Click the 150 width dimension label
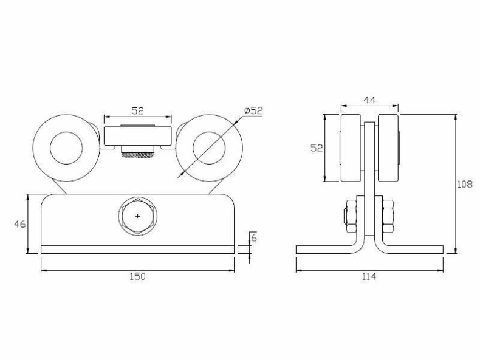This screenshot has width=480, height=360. click(137, 276)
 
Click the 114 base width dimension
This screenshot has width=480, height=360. click(369, 276)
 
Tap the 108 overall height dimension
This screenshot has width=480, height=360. click(465, 184)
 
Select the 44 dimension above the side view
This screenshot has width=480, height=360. click(369, 100)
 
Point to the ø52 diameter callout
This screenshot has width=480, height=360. click(253, 110)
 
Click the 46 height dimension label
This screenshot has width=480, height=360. click(20, 224)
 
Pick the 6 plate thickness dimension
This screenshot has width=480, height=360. click(254, 237)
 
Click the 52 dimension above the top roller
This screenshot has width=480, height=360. click(137, 110)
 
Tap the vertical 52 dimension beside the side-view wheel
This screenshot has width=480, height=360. click(317, 148)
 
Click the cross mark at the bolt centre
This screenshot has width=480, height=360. click(138, 216)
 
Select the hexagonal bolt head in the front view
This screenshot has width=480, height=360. click(138, 216)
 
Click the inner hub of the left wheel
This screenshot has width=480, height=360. click(66, 148)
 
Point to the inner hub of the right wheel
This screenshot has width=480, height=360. click(209, 148)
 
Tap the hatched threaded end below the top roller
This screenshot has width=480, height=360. click(137, 155)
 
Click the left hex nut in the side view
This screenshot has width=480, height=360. click(351, 216)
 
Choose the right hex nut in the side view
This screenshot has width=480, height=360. click(388, 216)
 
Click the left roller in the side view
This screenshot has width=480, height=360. click(351, 148)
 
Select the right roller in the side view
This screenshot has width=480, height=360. click(388, 148)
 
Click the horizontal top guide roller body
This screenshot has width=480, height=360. click(138, 135)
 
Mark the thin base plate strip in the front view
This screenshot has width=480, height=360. click(138, 250)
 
